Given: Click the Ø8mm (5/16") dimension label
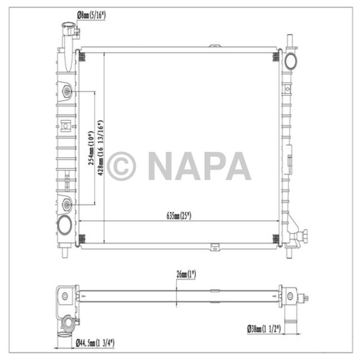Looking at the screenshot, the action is pyautogui.click(x=92, y=15).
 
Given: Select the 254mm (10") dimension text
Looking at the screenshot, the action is pyautogui.click(x=91, y=148).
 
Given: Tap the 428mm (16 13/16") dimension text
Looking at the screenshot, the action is pyautogui.click(x=100, y=148).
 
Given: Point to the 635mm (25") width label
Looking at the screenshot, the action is pyautogui.click(x=179, y=216).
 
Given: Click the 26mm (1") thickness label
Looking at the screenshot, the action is pyautogui.click(x=186, y=274).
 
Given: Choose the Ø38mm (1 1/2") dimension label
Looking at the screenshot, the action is pyautogui.click(x=264, y=329).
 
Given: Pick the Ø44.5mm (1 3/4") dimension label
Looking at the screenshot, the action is pyautogui.click(x=95, y=344).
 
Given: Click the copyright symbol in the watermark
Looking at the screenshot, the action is pyautogui.click(x=121, y=166).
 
